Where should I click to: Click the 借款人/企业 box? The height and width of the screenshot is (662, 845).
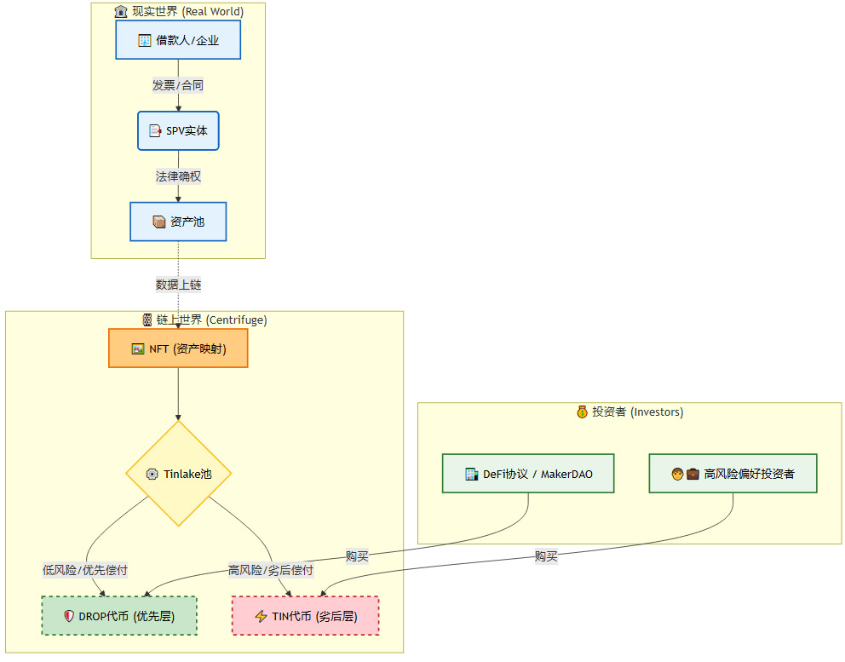[x=178, y=40]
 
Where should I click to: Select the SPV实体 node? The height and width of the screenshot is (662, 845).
[x=178, y=131]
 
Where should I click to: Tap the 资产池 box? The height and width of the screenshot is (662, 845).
[x=178, y=222]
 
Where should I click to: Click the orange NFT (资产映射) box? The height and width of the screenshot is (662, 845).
[x=178, y=348]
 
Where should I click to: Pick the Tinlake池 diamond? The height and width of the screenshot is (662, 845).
[x=178, y=474]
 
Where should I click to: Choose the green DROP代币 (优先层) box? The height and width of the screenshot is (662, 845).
[x=119, y=616]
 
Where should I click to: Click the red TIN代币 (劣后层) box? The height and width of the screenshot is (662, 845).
[x=305, y=616]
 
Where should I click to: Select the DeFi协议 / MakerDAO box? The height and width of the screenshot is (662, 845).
[x=528, y=474]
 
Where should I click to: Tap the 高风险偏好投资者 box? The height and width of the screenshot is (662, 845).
[x=733, y=474]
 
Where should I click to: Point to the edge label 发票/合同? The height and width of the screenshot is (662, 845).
[x=178, y=85]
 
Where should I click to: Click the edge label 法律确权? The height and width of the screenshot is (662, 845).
[x=178, y=176]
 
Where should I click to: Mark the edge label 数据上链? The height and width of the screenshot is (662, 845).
[x=178, y=285]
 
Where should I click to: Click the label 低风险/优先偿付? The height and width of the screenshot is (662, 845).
[x=85, y=570]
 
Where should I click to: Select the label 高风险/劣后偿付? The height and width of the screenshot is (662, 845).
[x=271, y=570]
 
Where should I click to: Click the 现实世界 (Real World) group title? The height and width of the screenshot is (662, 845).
[x=178, y=12]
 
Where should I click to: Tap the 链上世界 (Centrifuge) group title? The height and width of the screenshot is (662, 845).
[x=204, y=320]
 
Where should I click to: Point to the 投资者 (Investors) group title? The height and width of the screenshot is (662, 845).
[x=629, y=412]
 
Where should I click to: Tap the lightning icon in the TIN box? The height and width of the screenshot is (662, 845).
[x=261, y=616]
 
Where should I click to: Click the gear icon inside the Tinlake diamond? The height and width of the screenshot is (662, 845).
[x=152, y=474]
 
